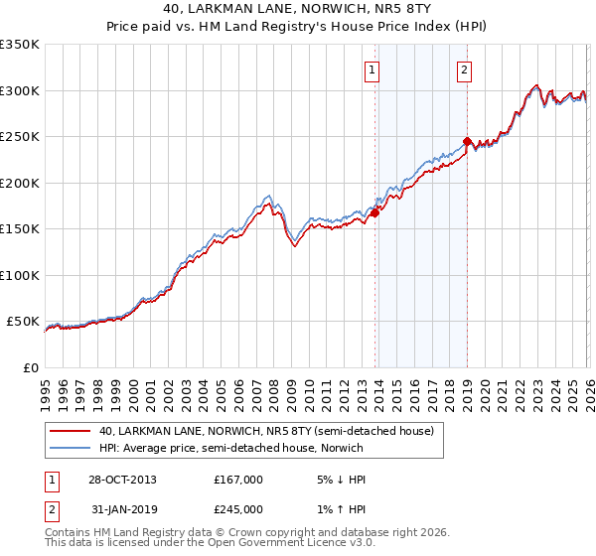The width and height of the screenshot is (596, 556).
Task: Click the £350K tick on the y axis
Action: (20, 45)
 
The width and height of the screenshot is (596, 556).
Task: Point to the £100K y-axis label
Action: (20, 275)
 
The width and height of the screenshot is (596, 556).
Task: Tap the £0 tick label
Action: (30, 367)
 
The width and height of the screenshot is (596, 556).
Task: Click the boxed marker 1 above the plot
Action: (372, 69)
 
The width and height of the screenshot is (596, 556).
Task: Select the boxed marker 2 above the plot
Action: (464, 69)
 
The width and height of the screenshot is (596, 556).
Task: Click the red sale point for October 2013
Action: (375, 212)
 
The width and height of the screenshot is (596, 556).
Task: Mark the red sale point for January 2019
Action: (468, 141)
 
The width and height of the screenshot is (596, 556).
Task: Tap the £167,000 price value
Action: (238, 480)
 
